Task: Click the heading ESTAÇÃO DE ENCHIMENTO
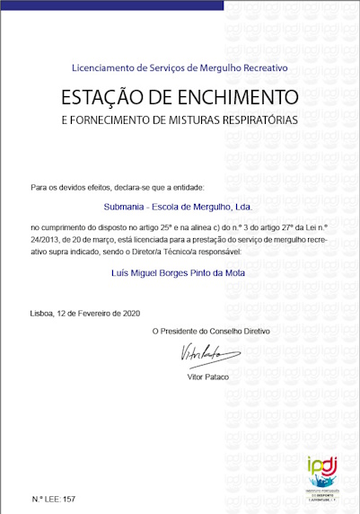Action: pyautogui.click(x=179, y=95)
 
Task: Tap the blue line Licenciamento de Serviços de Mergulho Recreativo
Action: pyautogui.click(x=180, y=67)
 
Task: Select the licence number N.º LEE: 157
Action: pyautogui.click(x=54, y=498)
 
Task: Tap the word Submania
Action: pyautogui.click(x=123, y=207)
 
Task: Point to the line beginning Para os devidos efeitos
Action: pyautogui.click(x=117, y=187)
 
